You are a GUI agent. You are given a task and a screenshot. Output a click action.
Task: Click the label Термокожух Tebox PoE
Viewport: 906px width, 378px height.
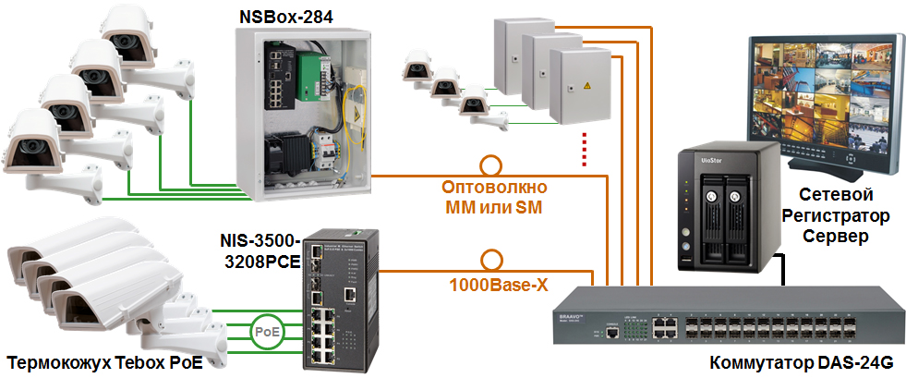pyautogui.click(x=104, y=361)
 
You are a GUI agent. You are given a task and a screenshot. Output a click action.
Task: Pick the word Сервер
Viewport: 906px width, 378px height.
pyautogui.click(x=835, y=238)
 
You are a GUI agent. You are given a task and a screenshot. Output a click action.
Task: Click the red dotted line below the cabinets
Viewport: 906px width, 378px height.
pyautogui.click(x=584, y=150)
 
